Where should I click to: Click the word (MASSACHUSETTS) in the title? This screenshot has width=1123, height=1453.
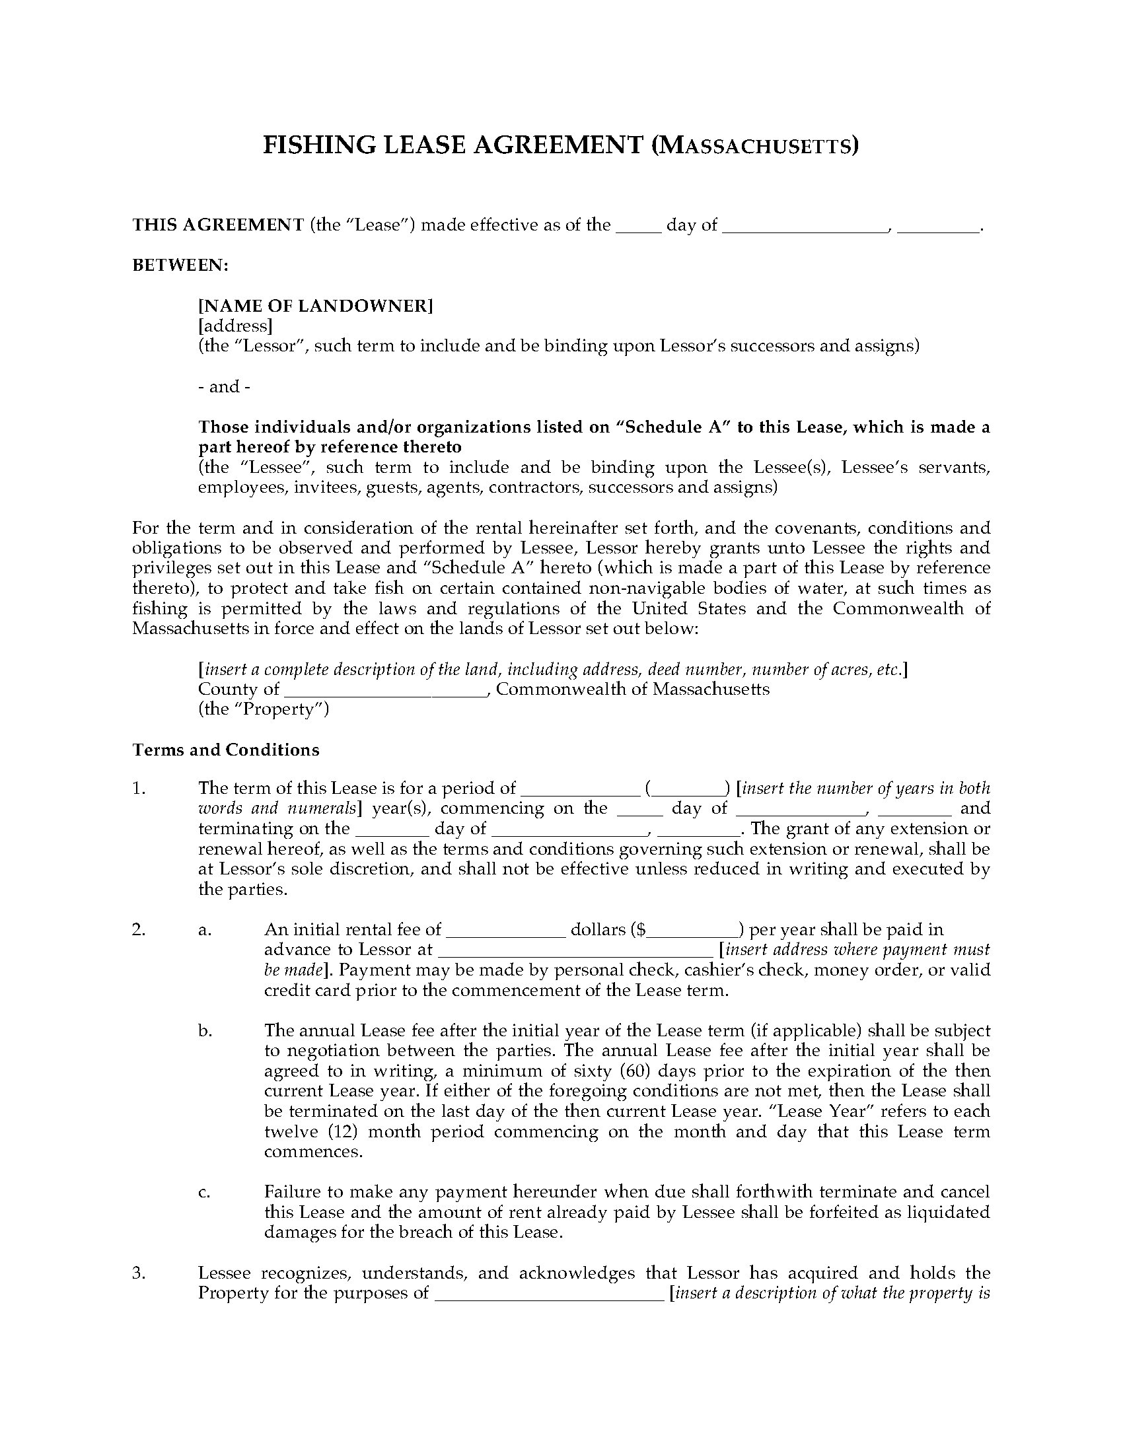tap(754, 145)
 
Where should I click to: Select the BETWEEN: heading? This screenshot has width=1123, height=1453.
tap(180, 266)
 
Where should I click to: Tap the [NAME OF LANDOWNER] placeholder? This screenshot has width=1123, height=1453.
tap(315, 306)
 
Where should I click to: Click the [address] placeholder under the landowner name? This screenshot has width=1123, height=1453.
tap(235, 326)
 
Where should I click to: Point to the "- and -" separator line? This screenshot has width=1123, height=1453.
tap(224, 386)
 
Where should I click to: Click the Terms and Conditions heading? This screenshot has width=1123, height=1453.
tap(225, 750)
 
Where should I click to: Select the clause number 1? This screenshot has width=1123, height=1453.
tap(138, 789)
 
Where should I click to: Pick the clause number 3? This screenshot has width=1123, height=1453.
tap(138, 1273)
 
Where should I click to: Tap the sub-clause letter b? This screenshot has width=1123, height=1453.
tap(205, 1030)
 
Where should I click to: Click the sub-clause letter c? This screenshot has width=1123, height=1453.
tap(205, 1191)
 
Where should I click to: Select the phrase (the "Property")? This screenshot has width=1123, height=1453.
tap(264, 709)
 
